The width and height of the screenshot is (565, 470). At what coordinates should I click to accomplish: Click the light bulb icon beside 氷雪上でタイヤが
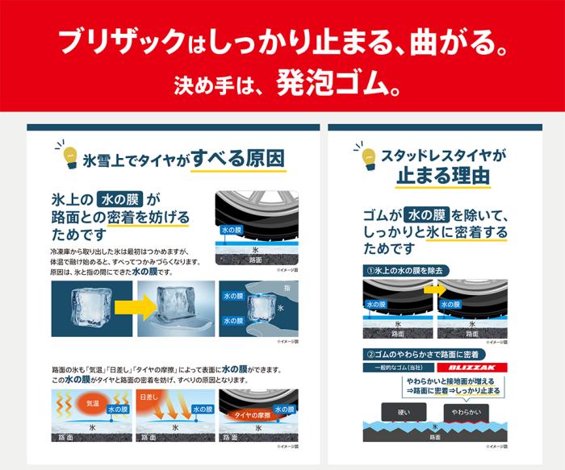67,155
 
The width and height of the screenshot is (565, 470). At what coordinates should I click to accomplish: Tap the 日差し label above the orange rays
149,397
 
